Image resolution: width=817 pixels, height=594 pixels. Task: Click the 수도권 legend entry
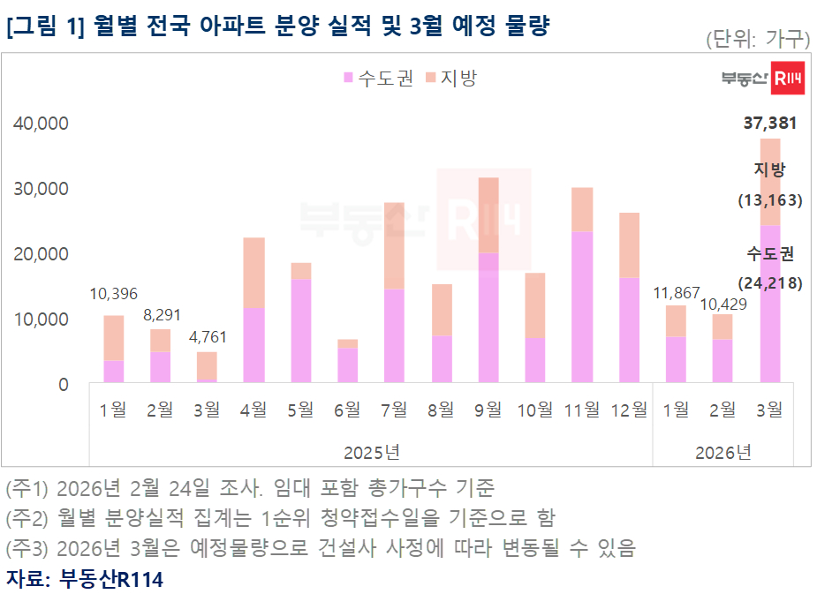tap(377, 78)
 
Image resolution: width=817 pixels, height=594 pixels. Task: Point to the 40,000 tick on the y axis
tap(42, 124)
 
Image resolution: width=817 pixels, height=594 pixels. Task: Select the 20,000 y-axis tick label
tap(42, 254)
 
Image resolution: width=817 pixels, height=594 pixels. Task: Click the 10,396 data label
tap(114, 294)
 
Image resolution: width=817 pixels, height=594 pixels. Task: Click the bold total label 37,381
tap(770, 124)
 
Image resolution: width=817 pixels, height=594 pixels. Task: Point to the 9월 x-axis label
tap(488, 409)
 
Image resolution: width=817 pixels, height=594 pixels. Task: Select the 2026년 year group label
tap(723, 453)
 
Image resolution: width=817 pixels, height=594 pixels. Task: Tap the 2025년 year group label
tap(372, 453)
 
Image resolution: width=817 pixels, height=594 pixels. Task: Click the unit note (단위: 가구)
tap(757, 39)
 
